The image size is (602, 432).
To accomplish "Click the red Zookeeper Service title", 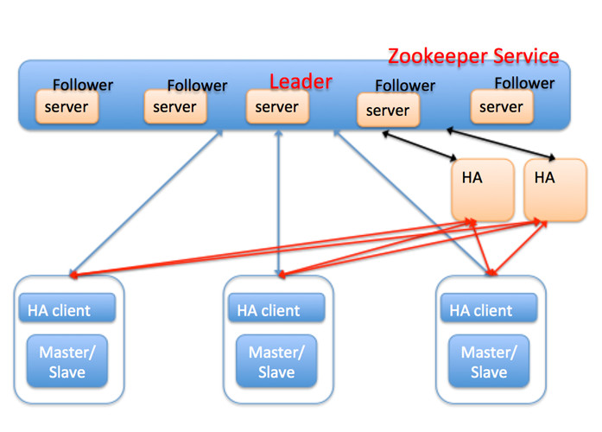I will click(x=473, y=56).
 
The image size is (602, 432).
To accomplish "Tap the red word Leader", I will click(x=301, y=81).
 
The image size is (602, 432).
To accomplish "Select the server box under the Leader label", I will click(x=277, y=107).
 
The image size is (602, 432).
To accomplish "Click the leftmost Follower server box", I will click(x=67, y=107).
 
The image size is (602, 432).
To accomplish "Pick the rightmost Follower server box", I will click(x=502, y=106).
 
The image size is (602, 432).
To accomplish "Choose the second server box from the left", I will click(x=175, y=107).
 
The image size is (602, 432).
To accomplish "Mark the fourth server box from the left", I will click(x=388, y=111).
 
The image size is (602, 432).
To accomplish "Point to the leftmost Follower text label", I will click(x=83, y=85).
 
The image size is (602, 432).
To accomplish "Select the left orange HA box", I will click(x=472, y=189).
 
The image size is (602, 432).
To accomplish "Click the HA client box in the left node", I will click(x=67, y=308).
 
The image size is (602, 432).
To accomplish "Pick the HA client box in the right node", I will click(x=488, y=308).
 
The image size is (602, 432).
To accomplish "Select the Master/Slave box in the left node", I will click(x=67, y=361).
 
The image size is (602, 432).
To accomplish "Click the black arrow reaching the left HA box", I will click(x=420, y=143).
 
